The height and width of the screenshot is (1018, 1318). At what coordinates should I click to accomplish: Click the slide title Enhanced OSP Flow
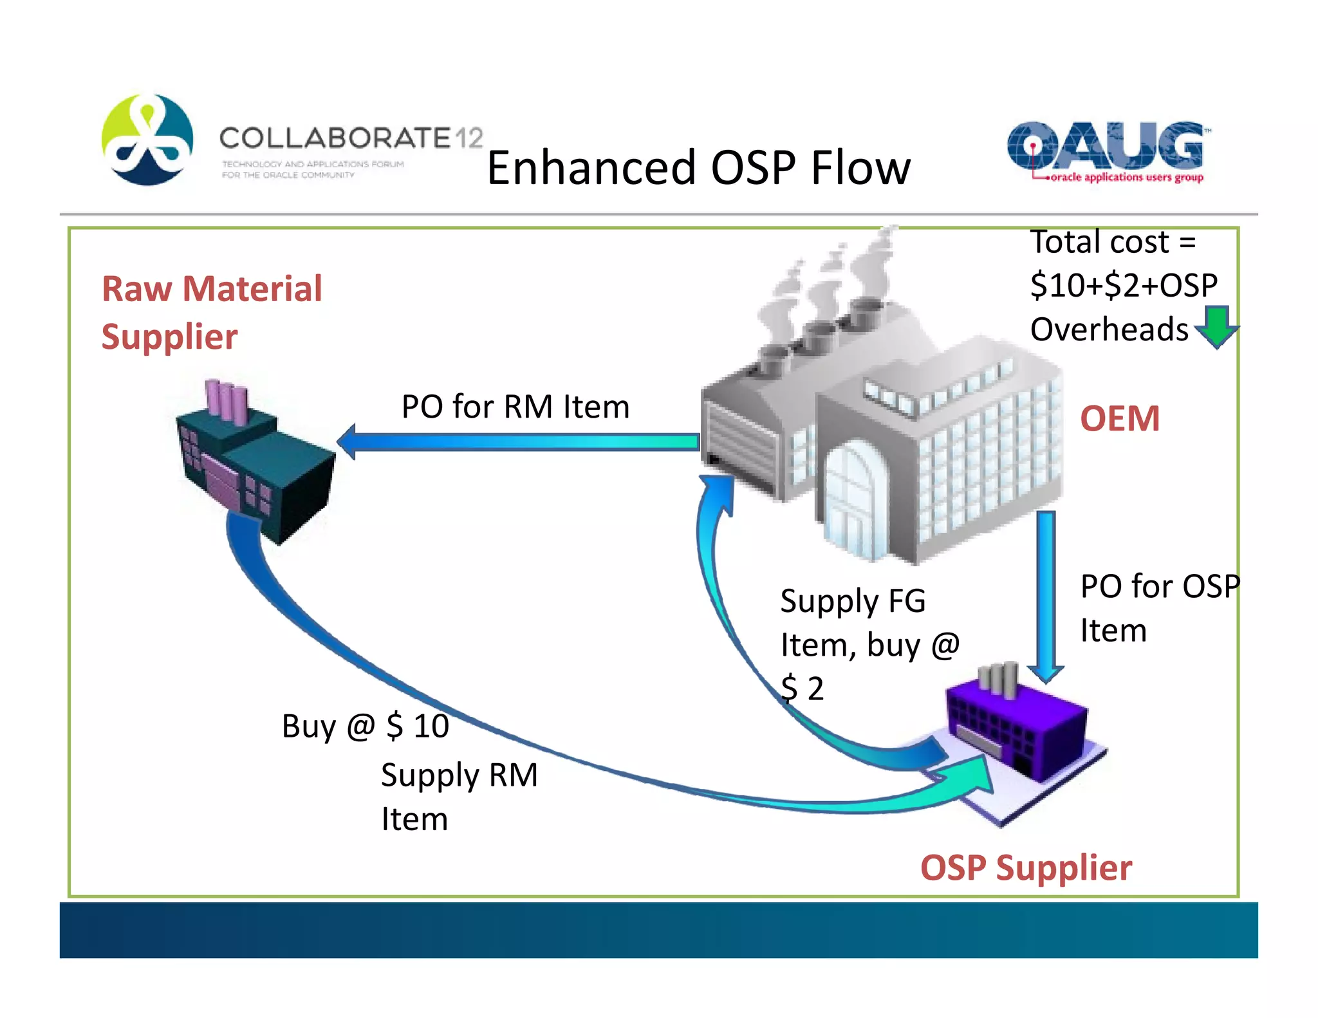click(x=698, y=168)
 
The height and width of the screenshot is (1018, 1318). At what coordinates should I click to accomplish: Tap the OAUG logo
click(x=1105, y=152)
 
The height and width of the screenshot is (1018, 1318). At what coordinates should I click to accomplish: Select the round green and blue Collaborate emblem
click(x=147, y=140)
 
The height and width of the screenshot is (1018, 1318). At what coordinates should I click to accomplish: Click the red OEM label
click(x=1120, y=419)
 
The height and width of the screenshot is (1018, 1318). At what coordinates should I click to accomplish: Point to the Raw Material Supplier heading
click(x=211, y=313)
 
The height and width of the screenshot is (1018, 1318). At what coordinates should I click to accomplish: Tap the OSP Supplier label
click(x=1026, y=867)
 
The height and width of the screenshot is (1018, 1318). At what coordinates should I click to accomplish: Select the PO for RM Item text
click(x=515, y=407)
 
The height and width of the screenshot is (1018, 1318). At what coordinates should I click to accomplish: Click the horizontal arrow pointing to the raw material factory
click(x=518, y=441)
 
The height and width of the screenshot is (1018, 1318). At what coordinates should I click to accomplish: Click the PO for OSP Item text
click(x=1158, y=608)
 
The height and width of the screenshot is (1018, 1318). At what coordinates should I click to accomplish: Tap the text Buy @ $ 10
click(x=365, y=726)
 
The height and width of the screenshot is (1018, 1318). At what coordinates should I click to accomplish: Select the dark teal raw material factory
click(x=257, y=470)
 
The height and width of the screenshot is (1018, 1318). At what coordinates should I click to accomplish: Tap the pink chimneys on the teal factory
click(x=227, y=400)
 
